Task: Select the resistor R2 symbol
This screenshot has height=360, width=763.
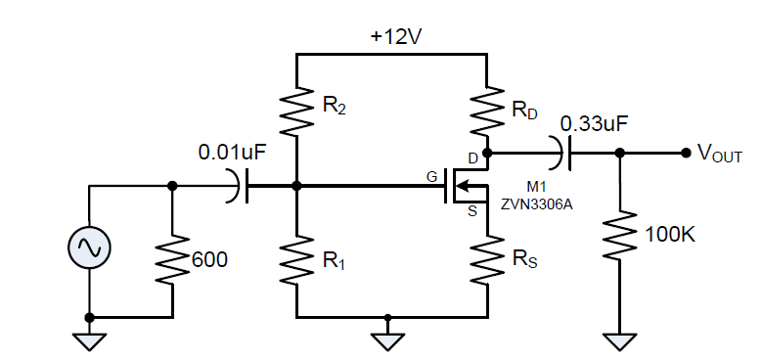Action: coord(296,112)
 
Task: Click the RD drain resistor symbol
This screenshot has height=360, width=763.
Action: coord(486,112)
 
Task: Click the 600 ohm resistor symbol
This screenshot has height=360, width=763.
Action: coord(173,258)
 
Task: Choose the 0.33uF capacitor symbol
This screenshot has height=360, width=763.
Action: coord(563,153)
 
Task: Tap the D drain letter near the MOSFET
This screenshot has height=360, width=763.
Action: coord(472,158)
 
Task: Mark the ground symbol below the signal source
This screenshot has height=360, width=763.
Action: coord(89,340)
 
